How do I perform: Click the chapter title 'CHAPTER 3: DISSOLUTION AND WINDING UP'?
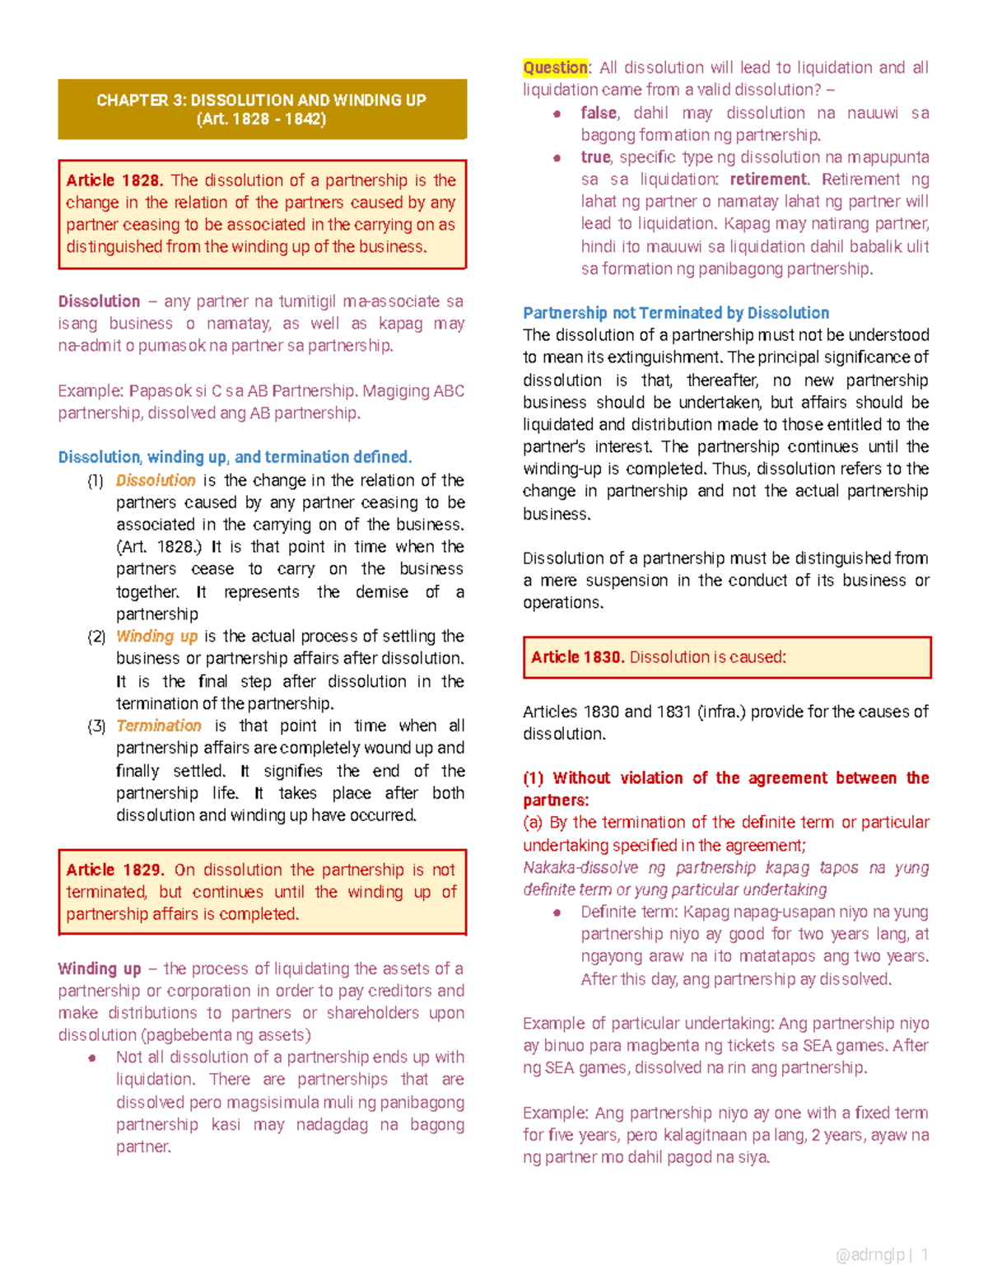click(261, 100)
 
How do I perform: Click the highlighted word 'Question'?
click(555, 68)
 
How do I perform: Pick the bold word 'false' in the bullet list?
click(599, 113)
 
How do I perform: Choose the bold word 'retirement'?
click(768, 180)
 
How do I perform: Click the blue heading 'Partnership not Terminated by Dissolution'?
click(676, 313)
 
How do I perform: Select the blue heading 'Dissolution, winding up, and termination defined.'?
click(235, 457)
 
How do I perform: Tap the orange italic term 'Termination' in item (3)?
click(159, 726)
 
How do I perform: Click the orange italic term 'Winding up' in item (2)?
click(157, 637)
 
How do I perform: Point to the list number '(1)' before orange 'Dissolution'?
click(96, 481)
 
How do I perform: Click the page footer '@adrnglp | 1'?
click(882, 1255)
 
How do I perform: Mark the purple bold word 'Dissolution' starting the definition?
click(99, 301)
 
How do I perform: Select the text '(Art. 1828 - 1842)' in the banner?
click(261, 119)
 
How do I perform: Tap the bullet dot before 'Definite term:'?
click(557, 913)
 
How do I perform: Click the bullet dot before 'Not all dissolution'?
click(93, 1058)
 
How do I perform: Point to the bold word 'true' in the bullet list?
click(595, 157)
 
